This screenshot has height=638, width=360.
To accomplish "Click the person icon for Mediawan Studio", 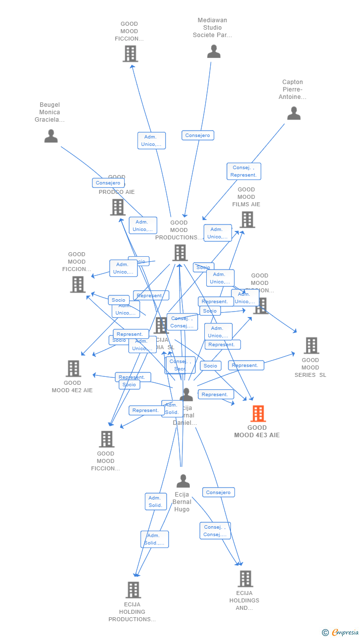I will point(214,51).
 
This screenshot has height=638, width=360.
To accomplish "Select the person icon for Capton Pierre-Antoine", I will point(294,114).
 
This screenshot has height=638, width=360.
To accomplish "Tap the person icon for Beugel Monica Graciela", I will point(51,136).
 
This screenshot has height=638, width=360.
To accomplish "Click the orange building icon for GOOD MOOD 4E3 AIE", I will point(258,413).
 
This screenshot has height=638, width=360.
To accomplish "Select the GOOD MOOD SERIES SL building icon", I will point(311,345).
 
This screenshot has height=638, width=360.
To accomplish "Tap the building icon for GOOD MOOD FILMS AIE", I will point(247,220).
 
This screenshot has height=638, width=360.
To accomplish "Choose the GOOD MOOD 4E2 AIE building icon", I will point(73,368).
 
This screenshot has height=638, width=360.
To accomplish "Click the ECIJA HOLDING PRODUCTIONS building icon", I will point(133,590).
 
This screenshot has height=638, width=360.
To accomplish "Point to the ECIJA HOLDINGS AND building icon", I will point(245,578).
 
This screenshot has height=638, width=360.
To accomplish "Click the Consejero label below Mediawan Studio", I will point(198,136).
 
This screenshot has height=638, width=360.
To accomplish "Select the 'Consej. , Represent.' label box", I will point(244,171).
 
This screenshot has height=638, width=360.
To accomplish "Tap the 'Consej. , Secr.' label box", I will point(180,365).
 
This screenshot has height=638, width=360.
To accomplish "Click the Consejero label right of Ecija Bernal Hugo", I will point(218,493).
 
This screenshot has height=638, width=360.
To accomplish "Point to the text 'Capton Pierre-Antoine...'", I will point(294,90).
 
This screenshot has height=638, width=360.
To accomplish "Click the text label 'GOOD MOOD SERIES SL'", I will point(311,367).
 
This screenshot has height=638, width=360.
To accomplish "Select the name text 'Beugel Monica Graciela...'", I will point(49,112).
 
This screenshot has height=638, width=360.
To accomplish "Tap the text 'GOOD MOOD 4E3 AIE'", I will point(257,431).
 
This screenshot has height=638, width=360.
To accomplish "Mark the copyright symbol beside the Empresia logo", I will point(325,632).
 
